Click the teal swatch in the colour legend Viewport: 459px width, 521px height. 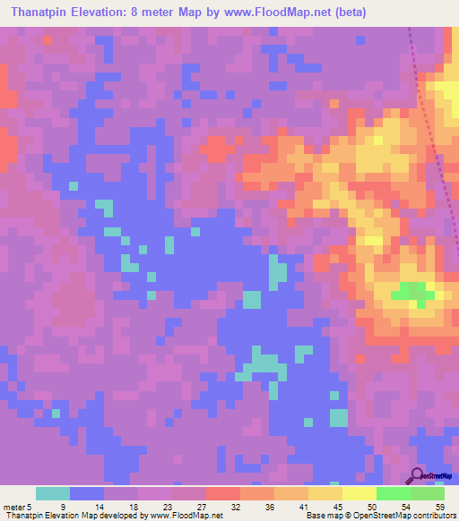[x=53, y=493]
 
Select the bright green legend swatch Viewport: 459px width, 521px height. [x=393, y=493]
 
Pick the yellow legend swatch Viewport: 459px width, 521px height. [x=359, y=493]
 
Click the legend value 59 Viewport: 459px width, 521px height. [x=439, y=508]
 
